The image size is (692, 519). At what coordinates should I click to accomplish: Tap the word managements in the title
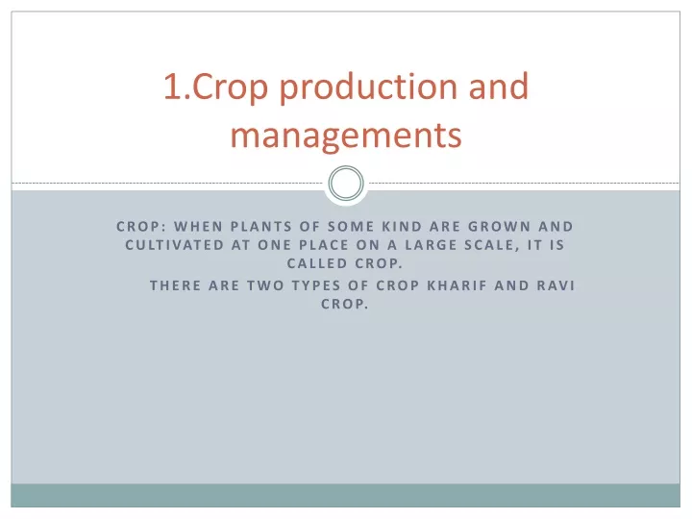[x=346, y=136]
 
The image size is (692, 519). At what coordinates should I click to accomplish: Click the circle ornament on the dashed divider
[x=346, y=184]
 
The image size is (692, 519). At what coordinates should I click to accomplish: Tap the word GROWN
[x=499, y=227]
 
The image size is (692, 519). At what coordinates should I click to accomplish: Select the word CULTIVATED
[x=174, y=245]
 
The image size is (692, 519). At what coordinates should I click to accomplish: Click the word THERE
[x=176, y=285]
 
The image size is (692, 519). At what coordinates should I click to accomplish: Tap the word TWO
[x=265, y=285]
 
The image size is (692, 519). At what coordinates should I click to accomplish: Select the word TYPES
[x=316, y=285]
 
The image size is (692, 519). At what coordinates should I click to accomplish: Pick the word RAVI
[x=556, y=285]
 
